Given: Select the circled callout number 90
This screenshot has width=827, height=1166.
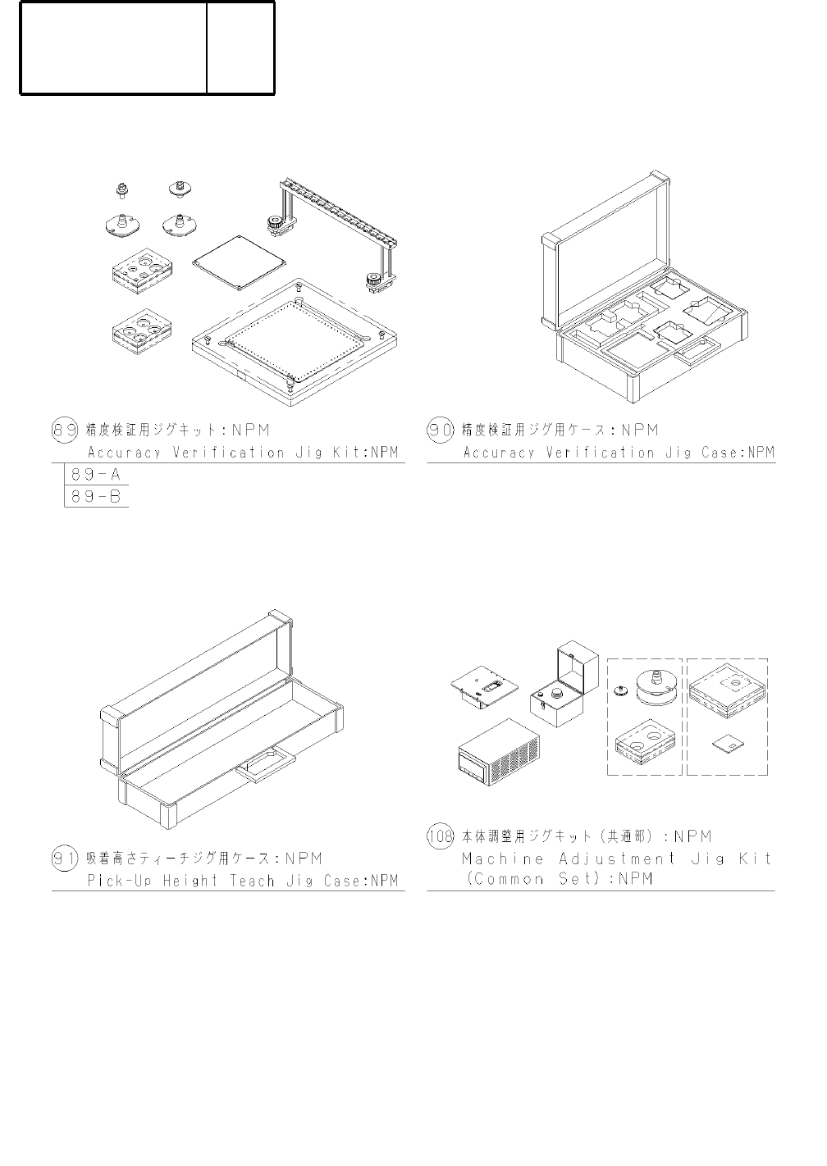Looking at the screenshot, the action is pyautogui.click(x=441, y=430).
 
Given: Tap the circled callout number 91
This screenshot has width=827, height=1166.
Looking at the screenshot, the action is pyautogui.click(x=65, y=859).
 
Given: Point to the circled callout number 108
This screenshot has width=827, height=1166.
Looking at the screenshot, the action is pyautogui.click(x=441, y=837).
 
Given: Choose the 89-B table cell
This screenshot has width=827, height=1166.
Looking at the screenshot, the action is pyautogui.click(x=97, y=496).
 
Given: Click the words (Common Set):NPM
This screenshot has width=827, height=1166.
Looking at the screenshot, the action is pyautogui.click(x=558, y=880).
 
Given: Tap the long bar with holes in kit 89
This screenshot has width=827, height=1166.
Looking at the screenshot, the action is pyautogui.click(x=339, y=214).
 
